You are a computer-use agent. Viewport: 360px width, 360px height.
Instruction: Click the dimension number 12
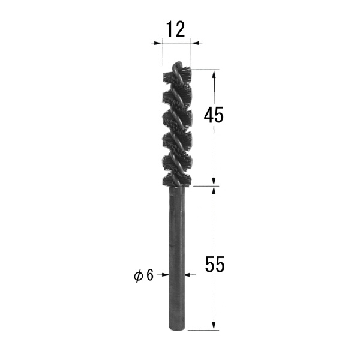[176, 29]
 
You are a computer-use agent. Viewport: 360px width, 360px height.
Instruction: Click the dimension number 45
[214, 115]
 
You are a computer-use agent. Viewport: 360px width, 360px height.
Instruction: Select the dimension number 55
[215, 264]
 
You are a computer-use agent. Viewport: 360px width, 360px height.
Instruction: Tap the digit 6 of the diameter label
[149, 275]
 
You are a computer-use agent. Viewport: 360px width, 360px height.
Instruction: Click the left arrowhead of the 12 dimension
[158, 43]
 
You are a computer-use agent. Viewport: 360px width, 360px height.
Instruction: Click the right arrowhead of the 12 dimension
[196, 43]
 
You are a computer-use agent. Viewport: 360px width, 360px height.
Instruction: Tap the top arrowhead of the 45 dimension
[214, 74]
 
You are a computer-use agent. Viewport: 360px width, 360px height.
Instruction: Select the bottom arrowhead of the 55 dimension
[214, 325]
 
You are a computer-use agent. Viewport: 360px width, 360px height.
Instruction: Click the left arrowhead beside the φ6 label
[165, 275]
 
